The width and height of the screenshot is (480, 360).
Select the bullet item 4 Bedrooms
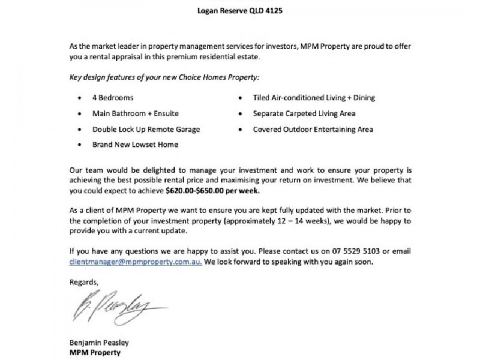[x=113, y=97]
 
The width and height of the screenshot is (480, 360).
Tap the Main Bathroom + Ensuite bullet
[x=135, y=113]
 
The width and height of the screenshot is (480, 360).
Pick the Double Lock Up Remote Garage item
[x=146, y=129]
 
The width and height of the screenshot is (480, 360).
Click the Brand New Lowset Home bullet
[x=135, y=145]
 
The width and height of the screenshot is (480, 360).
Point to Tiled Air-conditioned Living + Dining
[x=314, y=97]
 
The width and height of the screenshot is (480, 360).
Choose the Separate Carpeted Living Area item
[x=304, y=113]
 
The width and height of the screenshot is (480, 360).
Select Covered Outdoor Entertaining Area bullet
[x=313, y=129]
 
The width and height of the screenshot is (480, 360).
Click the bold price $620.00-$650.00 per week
[x=213, y=191]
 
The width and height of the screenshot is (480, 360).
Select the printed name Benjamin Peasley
[x=99, y=343]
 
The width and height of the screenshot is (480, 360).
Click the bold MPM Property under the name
[x=95, y=353]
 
